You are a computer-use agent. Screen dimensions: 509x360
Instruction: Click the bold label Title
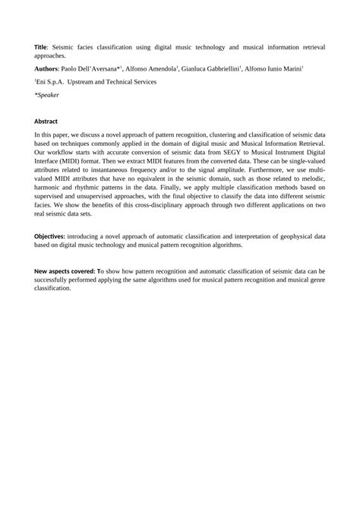(42, 46)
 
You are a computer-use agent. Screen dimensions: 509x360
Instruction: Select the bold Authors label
(49, 68)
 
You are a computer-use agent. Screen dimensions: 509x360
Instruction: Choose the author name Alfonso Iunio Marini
(273, 68)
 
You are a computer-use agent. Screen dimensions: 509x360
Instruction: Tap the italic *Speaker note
(47, 96)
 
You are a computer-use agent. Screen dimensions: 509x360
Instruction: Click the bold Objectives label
(55, 236)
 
